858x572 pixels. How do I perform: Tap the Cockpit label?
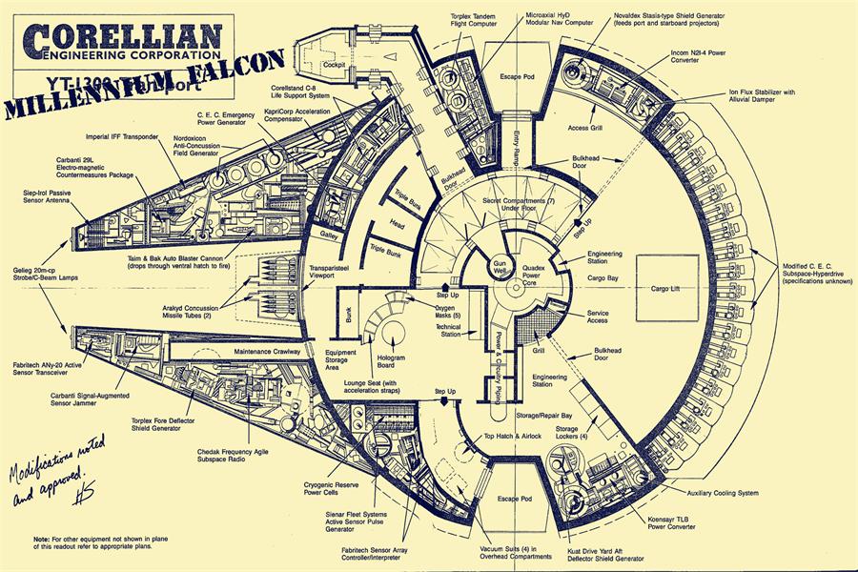tap(334, 65)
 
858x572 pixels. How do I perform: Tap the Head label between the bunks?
tap(398, 225)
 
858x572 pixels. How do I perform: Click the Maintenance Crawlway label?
tap(267, 352)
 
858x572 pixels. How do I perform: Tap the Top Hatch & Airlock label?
tap(513, 436)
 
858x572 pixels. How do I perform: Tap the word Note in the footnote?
tap(41, 539)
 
